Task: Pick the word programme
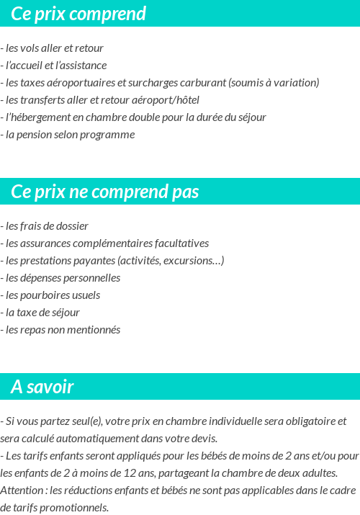click(x=111, y=135)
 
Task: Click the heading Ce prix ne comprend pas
click(x=105, y=192)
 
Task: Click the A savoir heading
click(x=42, y=387)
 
